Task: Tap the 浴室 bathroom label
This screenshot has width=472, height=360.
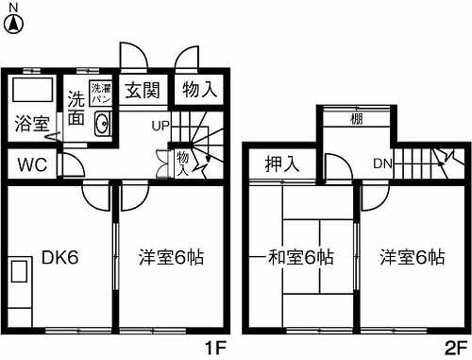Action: tap(32, 123)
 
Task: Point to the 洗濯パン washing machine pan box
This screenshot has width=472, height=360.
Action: tap(100, 93)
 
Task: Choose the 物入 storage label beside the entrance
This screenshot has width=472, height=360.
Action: tap(198, 90)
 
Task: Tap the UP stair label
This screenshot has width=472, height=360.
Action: tap(160, 125)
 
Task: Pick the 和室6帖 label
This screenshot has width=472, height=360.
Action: tap(299, 256)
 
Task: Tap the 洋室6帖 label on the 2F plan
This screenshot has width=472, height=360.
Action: tap(413, 256)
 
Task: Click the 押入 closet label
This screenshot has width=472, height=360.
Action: tap(281, 163)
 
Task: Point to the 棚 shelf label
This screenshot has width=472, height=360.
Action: tap(357, 118)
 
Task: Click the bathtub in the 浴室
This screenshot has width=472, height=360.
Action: tap(32, 93)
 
